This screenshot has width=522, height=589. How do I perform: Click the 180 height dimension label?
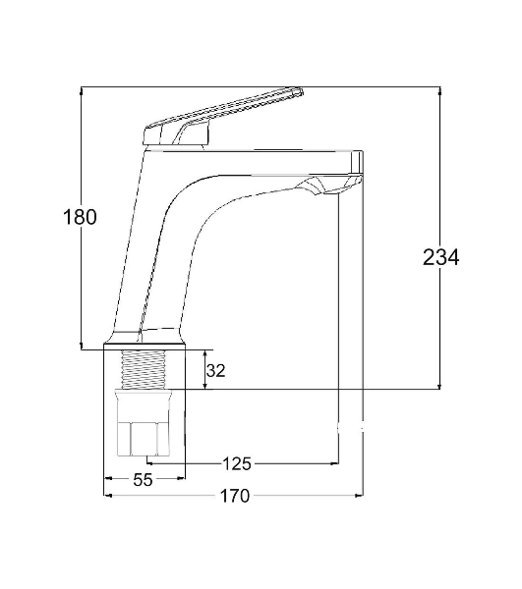[80, 217]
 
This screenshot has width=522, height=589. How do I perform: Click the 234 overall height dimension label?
[440, 257]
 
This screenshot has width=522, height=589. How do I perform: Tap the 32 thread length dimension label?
[215, 371]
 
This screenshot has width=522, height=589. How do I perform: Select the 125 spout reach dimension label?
[237, 463]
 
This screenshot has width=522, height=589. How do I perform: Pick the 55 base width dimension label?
[143, 480]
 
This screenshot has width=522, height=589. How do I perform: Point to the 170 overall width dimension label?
[234, 496]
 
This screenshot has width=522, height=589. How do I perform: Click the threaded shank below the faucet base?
[144, 369]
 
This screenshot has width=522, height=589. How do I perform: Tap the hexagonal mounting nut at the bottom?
[144, 423]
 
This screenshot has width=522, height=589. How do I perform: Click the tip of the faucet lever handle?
[301, 91]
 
